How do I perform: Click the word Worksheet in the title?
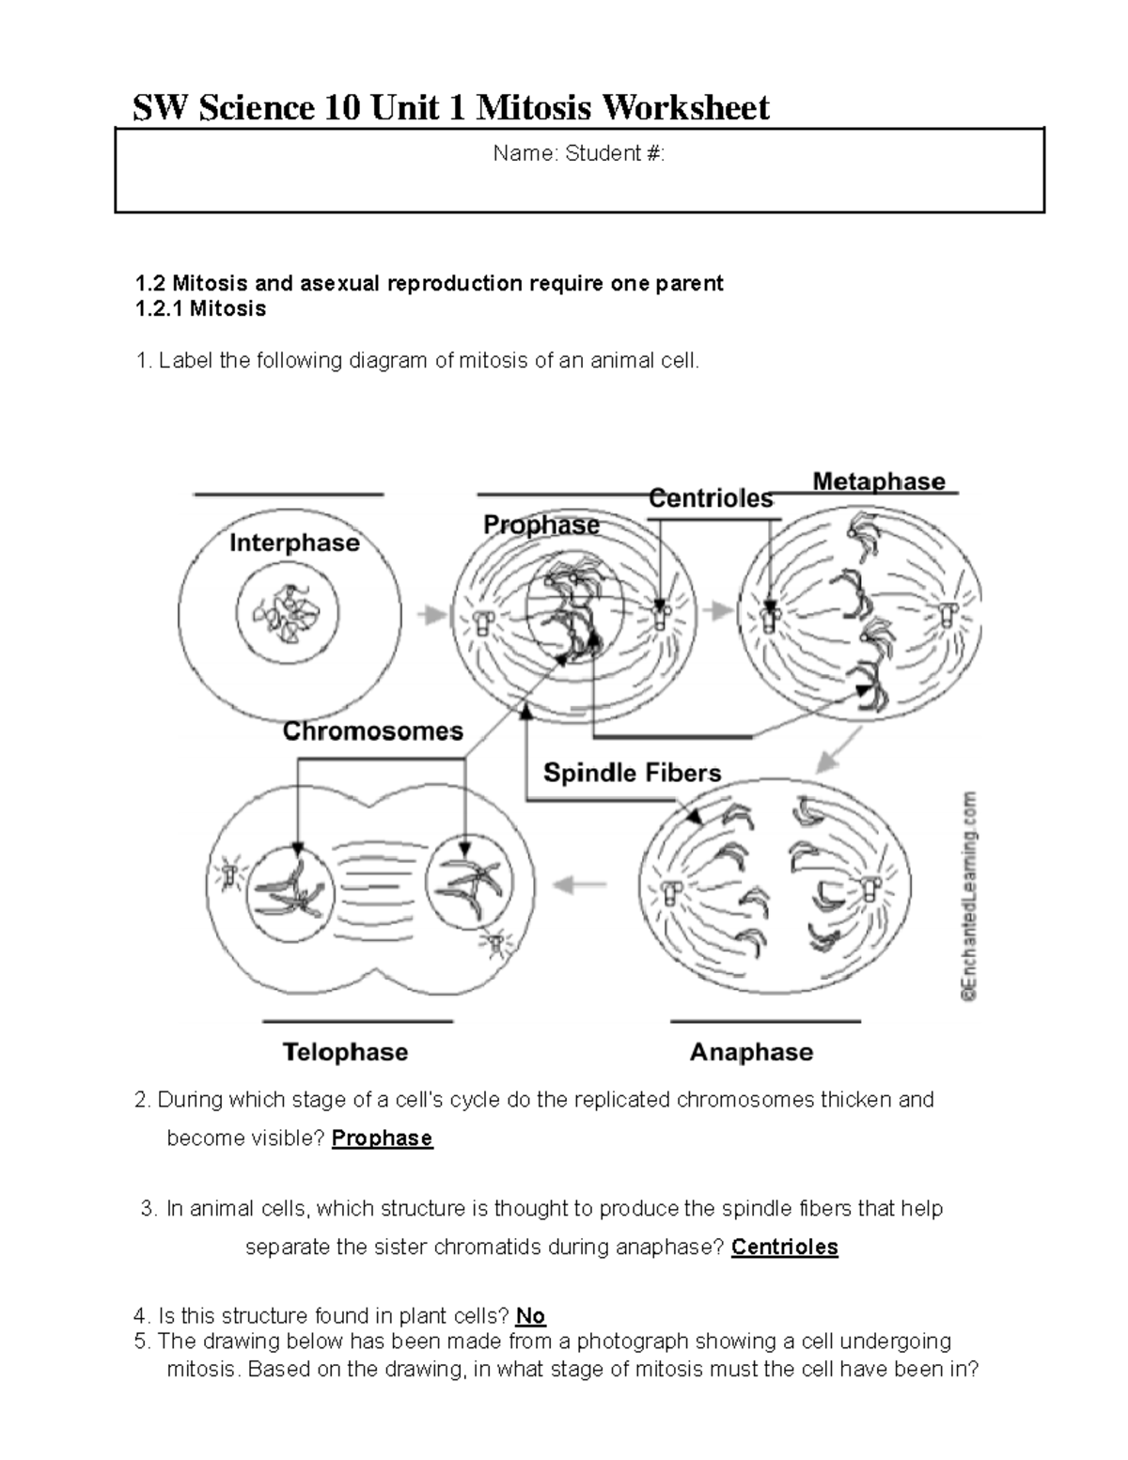685,108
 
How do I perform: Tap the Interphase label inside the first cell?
294,543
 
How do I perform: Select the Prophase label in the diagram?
540,525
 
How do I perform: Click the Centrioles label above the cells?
711,498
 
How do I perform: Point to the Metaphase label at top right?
878,481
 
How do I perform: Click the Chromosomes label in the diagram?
373,731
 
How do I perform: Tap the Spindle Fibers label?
632,773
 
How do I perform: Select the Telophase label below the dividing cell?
345,1052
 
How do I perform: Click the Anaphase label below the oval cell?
751,1052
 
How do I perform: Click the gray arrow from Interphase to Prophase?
431,615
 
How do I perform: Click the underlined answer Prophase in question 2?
382,1138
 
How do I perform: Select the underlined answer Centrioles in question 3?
784,1248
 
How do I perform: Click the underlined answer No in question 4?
531,1316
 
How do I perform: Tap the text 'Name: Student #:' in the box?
578,154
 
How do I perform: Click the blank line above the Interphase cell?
288,494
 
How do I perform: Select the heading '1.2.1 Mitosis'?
200,309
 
